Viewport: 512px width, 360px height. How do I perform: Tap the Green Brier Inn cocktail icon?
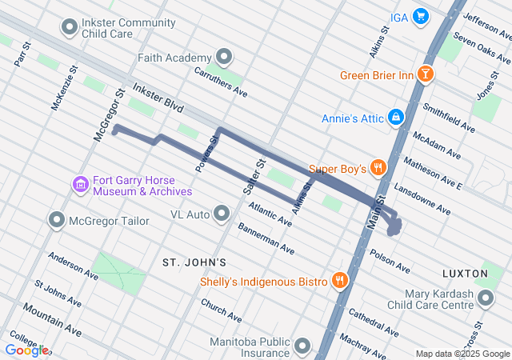tap(426, 75)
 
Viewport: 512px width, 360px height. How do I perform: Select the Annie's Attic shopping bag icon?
tap(395, 118)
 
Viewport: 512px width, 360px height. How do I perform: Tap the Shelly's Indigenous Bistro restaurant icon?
tap(341, 281)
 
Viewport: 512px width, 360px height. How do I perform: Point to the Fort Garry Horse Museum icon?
tap(80, 186)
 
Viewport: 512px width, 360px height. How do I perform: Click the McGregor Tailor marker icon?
tap(57, 219)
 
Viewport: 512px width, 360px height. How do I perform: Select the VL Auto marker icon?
tap(222, 214)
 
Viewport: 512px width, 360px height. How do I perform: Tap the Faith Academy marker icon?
tap(225, 57)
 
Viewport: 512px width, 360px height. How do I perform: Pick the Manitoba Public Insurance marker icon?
tap(302, 346)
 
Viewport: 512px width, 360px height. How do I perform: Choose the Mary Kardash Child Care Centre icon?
tap(486, 299)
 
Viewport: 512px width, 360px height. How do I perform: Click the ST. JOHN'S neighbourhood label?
tap(194, 262)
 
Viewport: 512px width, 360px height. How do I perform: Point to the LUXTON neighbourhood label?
tap(464, 274)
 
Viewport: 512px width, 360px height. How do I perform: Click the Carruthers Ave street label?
tap(221, 81)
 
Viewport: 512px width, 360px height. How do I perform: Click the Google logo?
tap(26, 350)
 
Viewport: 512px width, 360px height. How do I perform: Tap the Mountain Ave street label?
tap(52, 318)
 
